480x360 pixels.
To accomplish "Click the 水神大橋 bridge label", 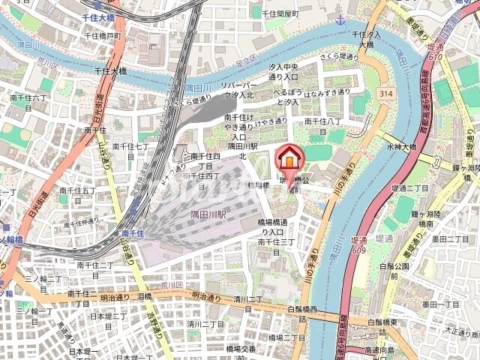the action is (397, 147).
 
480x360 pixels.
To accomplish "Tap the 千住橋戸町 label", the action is (103, 35).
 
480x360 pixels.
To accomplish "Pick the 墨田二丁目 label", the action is (449, 239).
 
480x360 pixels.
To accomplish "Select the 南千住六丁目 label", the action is (28, 103).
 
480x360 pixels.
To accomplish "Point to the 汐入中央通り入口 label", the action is (284, 72).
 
